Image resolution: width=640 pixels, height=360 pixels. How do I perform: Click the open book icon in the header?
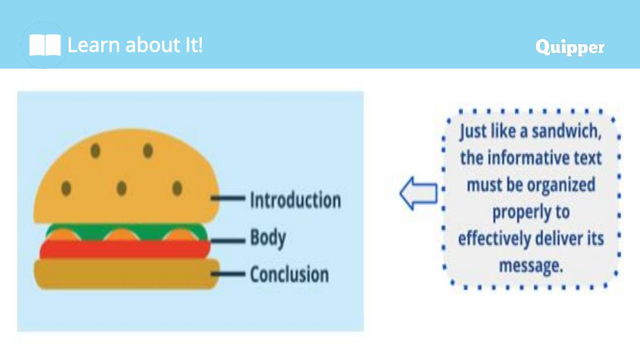click(x=45, y=45)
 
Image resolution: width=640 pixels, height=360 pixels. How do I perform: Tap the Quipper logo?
click(x=570, y=47)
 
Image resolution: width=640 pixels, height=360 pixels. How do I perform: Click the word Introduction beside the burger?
click(x=296, y=200)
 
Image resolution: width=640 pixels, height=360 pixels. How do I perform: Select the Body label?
click(x=268, y=238)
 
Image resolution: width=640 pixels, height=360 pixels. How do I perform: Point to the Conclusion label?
click(x=289, y=275)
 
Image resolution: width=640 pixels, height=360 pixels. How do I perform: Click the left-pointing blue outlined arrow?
click(x=418, y=194)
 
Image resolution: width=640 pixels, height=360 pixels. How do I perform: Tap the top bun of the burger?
click(x=126, y=176)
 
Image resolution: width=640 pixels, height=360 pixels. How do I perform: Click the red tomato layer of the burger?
click(x=125, y=249)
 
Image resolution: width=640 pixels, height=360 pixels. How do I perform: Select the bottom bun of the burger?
click(x=126, y=274)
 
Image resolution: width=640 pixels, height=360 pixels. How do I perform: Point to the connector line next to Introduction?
click(x=227, y=198)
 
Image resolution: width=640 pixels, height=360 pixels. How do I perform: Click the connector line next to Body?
click(x=227, y=240)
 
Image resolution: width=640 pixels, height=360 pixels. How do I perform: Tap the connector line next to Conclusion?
click(x=227, y=274)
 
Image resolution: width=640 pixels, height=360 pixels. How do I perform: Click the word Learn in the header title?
click(x=94, y=45)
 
